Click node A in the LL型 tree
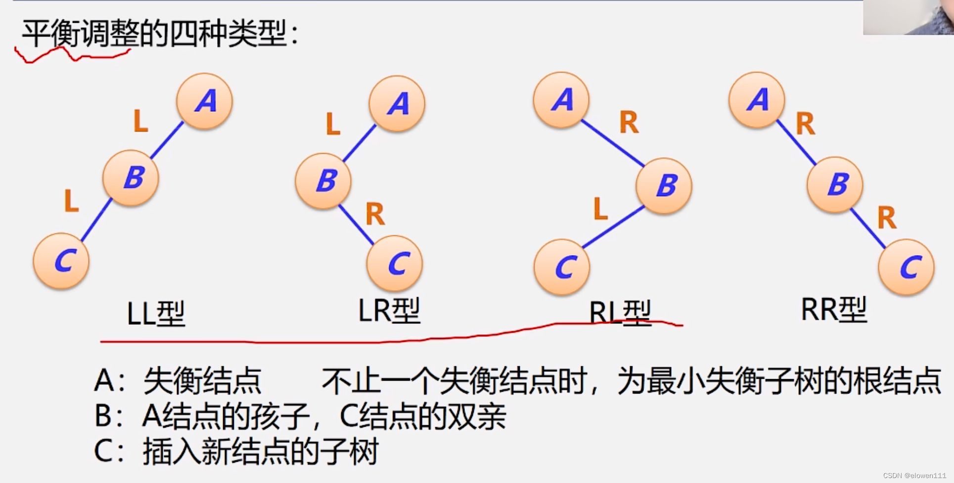(x=204, y=101)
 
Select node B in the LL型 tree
(x=131, y=178)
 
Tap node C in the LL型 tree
(x=61, y=261)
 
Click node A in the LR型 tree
(x=397, y=104)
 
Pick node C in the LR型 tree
(x=395, y=263)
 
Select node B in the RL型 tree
(x=664, y=186)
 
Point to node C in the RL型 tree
(x=562, y=267)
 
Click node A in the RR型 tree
(x=757, y=100)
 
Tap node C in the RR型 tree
(x=906, y=267)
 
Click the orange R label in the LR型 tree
(x=375, y=214)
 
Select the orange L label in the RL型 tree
(x=600, y=208)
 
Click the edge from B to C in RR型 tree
(x=867, y=228)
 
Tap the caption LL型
(x=156, y=314)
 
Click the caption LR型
(x=389, y=311)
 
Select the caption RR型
(x=834, y=310)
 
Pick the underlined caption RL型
(x=620, y=313)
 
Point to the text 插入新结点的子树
(x=261, y=451)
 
